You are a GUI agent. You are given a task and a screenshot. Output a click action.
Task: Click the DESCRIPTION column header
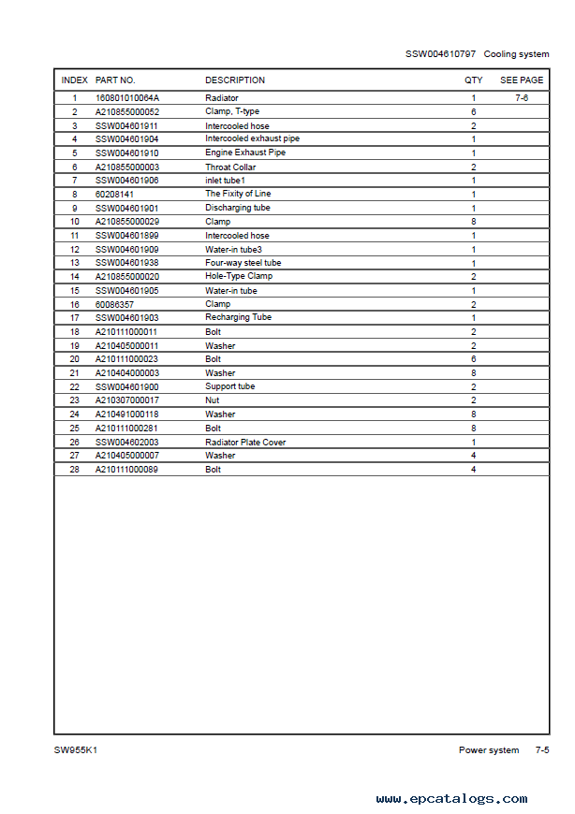235,80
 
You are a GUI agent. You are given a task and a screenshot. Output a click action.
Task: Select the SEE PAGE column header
522,80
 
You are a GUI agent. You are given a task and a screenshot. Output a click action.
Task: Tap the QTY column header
474,80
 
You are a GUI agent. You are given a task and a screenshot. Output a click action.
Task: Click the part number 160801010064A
127,98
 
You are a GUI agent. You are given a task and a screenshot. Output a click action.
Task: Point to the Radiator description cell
222,98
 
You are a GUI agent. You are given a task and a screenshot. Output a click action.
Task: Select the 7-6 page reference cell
522,98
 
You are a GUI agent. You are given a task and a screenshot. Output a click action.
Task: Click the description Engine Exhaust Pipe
245,153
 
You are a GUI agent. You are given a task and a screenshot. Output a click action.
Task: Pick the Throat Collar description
230,167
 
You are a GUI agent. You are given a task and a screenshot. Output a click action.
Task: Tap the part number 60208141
113,194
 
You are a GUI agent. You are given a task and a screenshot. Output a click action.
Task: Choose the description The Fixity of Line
238,194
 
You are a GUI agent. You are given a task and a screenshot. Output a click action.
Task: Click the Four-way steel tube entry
243,263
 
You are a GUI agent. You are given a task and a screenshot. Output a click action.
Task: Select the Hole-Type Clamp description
239,277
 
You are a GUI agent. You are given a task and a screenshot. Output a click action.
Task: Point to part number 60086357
113,304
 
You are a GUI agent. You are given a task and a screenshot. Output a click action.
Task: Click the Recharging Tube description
238,317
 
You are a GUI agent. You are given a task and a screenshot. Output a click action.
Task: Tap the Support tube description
230,386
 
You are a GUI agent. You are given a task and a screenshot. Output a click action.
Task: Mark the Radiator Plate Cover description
245,442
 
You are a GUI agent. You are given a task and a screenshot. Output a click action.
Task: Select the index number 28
75,470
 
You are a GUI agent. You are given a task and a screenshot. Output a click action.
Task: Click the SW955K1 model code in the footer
76,750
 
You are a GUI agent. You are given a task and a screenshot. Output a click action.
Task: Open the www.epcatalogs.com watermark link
451,799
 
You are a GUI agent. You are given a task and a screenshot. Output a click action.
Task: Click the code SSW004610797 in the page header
440,54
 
